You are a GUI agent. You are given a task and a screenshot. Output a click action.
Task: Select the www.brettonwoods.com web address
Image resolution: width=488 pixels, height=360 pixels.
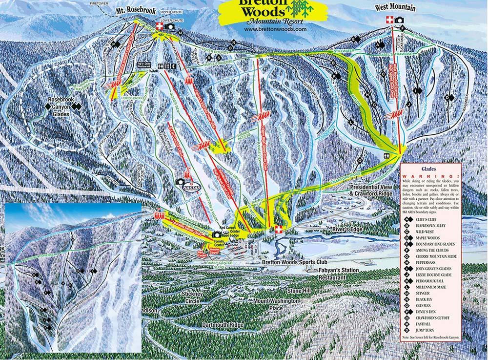(275, 29)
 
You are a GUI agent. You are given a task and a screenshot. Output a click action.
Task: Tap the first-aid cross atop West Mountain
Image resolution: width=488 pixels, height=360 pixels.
(389, 20)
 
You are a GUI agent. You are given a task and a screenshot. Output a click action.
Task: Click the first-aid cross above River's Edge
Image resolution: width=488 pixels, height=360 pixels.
(279, 229)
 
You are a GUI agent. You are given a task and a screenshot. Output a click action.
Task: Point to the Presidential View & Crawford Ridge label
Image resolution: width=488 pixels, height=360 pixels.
(371, 190)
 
